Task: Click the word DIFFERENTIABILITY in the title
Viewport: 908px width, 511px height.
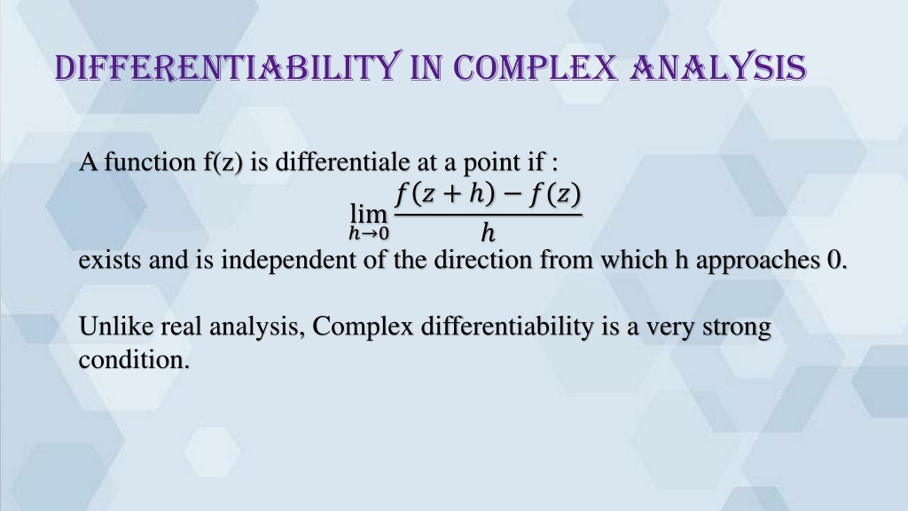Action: tap(228, 67)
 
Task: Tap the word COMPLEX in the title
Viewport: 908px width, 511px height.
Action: tap(535, 67)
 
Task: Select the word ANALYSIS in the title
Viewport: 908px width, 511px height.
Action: tap(718, 67)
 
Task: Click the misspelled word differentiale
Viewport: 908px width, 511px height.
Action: tap(342, 162)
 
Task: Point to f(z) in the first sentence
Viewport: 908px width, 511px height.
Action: tap(223, 162)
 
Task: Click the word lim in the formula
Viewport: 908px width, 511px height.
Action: tap(368, 214)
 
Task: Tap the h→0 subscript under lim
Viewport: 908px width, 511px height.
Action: tap(369, 233)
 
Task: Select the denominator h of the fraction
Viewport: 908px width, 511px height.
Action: tap(488, 233)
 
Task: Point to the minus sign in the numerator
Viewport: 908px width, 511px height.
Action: tap(513, 194)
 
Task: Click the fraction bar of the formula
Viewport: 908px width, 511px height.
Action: tap(489, 215)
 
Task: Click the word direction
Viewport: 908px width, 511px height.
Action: tap(483, 260)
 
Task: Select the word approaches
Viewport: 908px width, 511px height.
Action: tap(757, 262)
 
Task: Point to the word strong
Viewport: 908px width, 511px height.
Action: tap(737, 328)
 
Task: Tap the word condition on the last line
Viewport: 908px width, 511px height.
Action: tap(135, 360)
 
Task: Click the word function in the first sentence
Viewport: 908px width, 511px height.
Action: tap(150, 162)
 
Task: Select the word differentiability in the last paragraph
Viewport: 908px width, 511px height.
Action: tap(507, 326)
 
